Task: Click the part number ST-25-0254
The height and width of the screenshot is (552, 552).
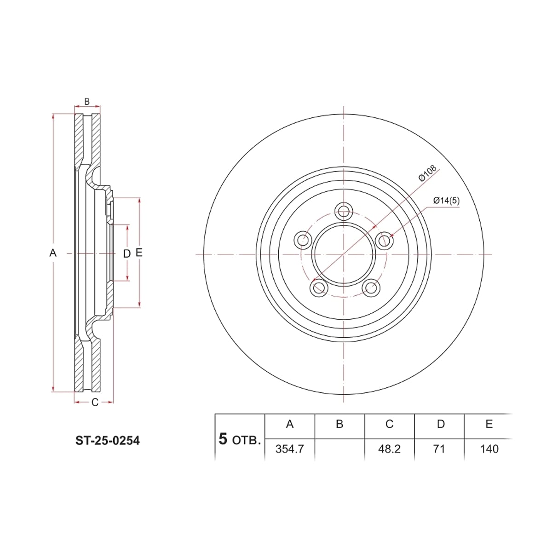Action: [108, 441]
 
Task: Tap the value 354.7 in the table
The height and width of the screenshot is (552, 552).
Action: [290, 449]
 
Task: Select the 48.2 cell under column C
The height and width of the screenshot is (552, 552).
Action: [389, 449]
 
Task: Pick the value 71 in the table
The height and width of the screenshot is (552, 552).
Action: [439, 449]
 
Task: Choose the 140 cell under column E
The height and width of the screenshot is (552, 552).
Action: [489, 449]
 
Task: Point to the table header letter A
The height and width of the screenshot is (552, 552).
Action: [290, 424]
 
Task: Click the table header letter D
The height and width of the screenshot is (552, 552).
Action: [441, 424]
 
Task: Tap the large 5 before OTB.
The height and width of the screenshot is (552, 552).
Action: [223, 439]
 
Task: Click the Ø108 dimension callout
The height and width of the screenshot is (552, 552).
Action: [427, 173]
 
